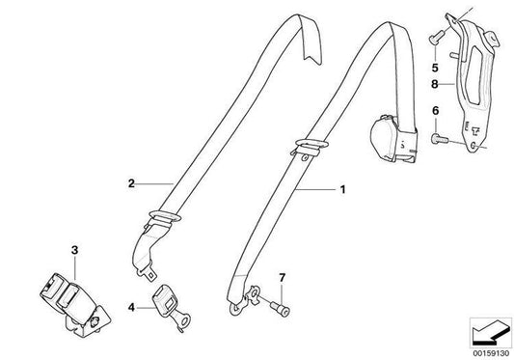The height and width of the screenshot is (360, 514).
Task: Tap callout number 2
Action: tap(128, 181)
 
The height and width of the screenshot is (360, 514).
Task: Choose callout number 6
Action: tap(435, 114)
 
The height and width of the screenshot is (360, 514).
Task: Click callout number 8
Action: tap(435, 84)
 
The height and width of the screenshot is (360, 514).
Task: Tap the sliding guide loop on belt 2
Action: tap(164, 217)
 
